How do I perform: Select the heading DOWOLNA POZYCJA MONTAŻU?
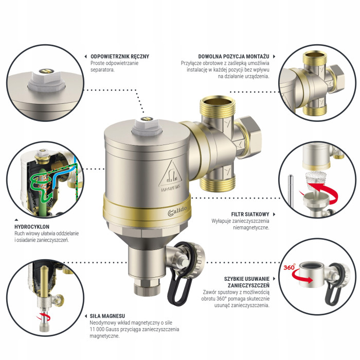235,57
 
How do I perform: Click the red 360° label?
290,268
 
